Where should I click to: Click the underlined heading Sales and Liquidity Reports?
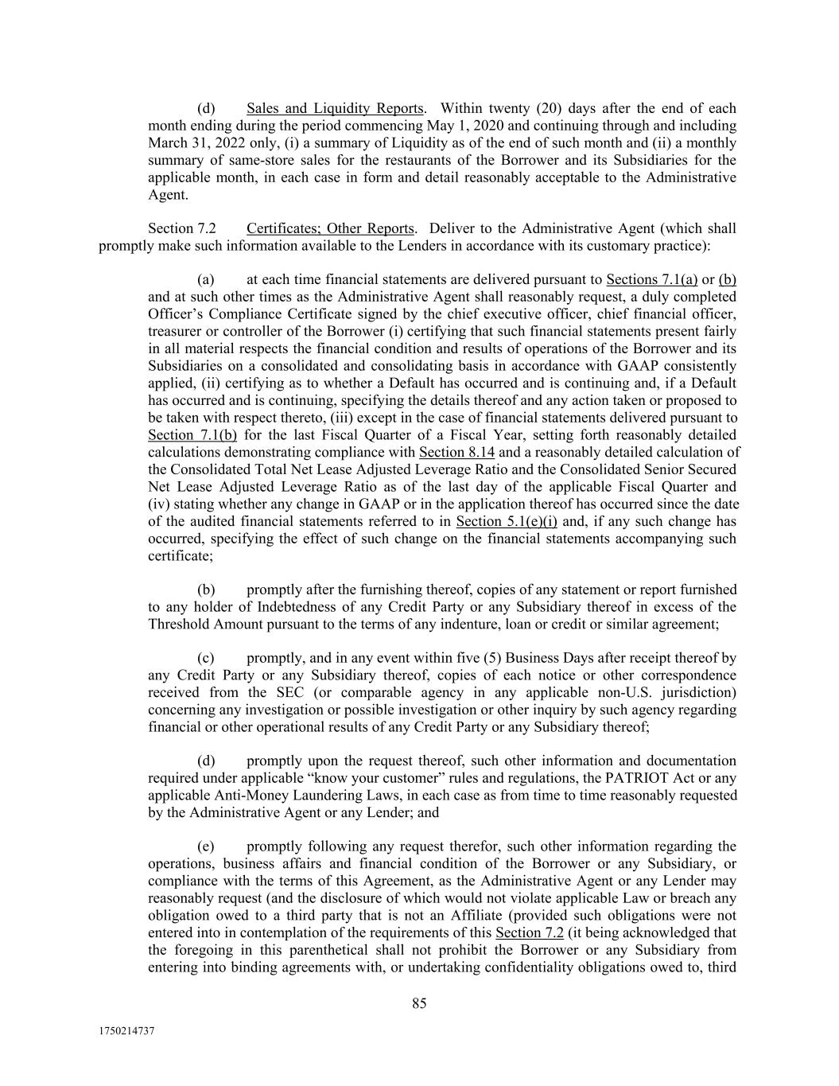pos(335,108)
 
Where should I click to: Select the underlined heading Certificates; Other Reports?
pos(330,228)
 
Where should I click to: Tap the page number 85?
pos(419,1003)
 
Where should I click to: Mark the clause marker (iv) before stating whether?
pos(157,504)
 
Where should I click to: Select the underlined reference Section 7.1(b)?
pos(192,435)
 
